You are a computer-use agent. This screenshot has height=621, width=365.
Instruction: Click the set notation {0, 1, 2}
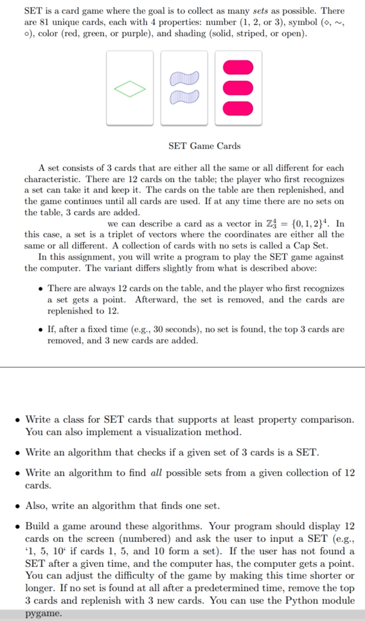coord(312,223)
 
